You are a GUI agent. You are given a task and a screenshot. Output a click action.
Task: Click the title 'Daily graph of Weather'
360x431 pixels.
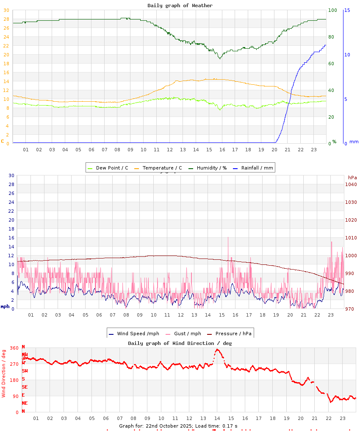(x=180, y=6)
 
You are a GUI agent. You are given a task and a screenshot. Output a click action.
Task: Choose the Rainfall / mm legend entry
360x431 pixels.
(x=257, y=168)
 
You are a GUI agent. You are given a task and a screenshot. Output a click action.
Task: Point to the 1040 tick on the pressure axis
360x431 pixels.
(x=351, y=184)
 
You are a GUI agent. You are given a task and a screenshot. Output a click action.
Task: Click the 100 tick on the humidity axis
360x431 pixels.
(x=332, y=10)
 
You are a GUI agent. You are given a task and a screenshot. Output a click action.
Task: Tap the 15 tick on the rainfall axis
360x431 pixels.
(x=347, y=10)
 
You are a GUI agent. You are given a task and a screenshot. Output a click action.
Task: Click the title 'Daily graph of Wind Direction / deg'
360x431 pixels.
(x=180, y=343)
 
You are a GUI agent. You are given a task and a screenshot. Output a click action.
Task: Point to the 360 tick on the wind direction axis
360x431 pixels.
(x=14, y=348)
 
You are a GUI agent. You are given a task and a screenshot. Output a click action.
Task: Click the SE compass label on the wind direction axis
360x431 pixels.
(x=25, y=387)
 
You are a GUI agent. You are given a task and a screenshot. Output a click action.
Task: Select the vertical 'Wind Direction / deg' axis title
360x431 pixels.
(x=4, y=373)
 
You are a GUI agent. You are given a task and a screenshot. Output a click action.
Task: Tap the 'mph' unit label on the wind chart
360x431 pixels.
(x=5, y=306)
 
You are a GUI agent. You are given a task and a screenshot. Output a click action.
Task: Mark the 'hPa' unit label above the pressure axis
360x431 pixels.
(x=352, y=178)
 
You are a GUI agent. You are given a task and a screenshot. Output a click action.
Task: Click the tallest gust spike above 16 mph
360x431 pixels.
(x=228, y=238)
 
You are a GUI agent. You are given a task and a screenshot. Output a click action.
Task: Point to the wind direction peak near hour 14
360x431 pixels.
(x=217, y=350)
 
